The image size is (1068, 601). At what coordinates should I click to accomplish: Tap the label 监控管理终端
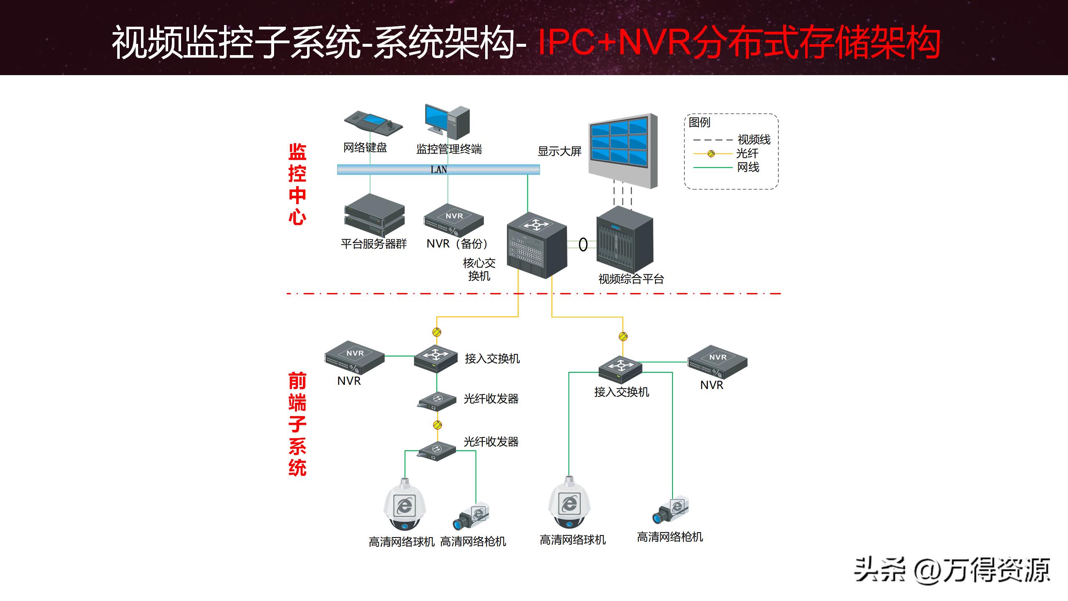tap(448, 149)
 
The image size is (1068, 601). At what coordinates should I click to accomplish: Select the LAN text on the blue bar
tap(438, 169)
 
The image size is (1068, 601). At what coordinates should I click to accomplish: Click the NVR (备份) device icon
tap(453, 220)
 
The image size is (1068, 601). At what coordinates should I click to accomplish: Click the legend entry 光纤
tap(747, 153)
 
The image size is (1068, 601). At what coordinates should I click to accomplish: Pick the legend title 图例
tap(699, 122)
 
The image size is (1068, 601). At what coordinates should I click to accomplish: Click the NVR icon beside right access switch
tap(717, 361)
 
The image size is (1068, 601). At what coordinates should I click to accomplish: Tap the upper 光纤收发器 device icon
tap(437, 401)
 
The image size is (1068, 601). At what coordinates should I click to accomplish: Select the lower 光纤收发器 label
tap(491, 442)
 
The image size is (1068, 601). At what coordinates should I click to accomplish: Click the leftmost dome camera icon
tap(404, 505)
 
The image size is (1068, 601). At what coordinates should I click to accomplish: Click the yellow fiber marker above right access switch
tap(623, 336)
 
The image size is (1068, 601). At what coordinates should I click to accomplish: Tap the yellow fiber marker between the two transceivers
tap(437, 425)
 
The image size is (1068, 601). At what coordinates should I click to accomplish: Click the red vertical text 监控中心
tap(297, 184)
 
